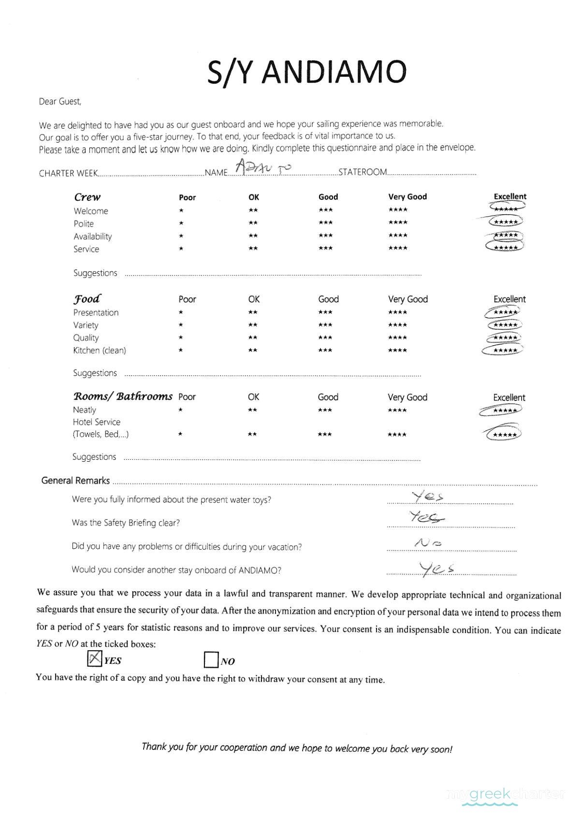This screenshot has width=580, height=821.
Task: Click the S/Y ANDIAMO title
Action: (306, 72)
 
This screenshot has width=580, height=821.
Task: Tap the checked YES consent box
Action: (94, 659)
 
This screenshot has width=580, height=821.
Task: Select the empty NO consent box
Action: (211, 660)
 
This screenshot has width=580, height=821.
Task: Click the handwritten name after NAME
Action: (263, 167)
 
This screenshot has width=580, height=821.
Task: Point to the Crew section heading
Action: (87, 197)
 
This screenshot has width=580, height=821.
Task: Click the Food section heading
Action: (87, 298)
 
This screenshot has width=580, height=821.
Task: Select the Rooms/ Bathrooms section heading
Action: (122, 396)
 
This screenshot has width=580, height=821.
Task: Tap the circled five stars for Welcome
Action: (506, 208)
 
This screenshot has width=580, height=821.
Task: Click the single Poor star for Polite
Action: (181, 223)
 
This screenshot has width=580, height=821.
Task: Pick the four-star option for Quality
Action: (397, 337)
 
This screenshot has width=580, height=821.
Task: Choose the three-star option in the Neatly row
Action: (325, 410)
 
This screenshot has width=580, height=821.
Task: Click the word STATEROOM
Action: (362, 172)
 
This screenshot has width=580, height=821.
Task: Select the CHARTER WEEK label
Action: (68, 173)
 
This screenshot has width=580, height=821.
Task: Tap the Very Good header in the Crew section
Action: (407, 197)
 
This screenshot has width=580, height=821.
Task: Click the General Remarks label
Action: (75, 481)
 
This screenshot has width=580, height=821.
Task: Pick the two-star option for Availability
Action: (253, 236)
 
